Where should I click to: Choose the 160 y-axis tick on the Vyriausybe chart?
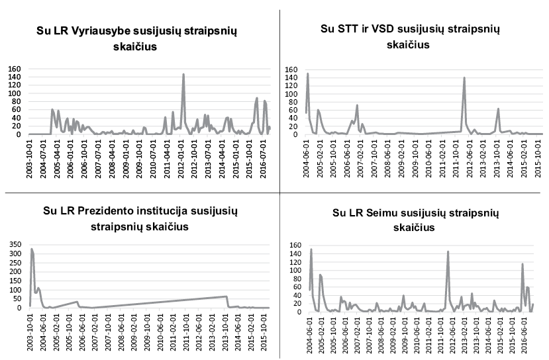click(x=15, y=69)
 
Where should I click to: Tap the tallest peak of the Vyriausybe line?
click(x=183, y=74)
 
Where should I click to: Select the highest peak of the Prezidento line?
click(x=32, y=249)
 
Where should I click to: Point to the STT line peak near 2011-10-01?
click(x=464, y=78)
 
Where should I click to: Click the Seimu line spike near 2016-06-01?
click(x=523, y=264)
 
